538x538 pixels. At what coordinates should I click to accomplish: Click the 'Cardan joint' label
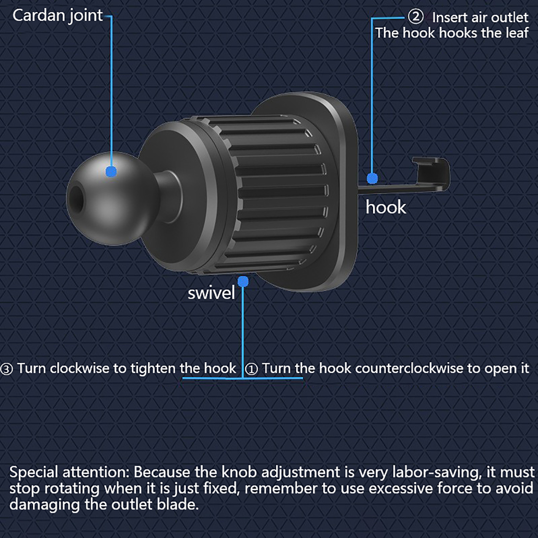tap(57, 16)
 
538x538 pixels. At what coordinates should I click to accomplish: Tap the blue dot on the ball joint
tap(111, 171)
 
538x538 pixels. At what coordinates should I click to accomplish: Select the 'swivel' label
tap(211, 293)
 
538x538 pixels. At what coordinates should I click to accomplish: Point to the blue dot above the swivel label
tap(243, 281)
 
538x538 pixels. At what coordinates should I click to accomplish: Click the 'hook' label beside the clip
tap(386, 207)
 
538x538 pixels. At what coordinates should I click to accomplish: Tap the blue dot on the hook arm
tap(372, 178)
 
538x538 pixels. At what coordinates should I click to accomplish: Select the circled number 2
tap(416, 16)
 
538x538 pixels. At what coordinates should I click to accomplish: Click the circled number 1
tap(252, 369)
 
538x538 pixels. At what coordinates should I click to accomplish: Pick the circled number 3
tap(6, 369)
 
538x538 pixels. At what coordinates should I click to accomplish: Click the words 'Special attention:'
tap(69, 472)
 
